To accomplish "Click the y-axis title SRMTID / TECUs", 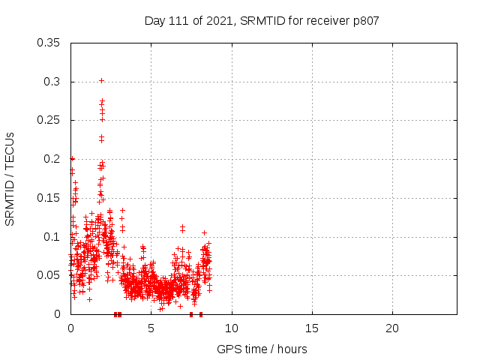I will pos(10,178).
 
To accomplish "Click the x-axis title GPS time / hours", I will pos(262,349).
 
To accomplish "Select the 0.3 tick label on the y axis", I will pos(53,82).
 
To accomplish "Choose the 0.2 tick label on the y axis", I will pos(53,159).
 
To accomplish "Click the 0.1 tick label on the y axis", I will pos(53,237).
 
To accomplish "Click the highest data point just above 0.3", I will pos(102,80).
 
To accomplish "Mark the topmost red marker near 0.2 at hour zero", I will pos(72,158).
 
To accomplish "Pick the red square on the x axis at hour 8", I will pos(200,314).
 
